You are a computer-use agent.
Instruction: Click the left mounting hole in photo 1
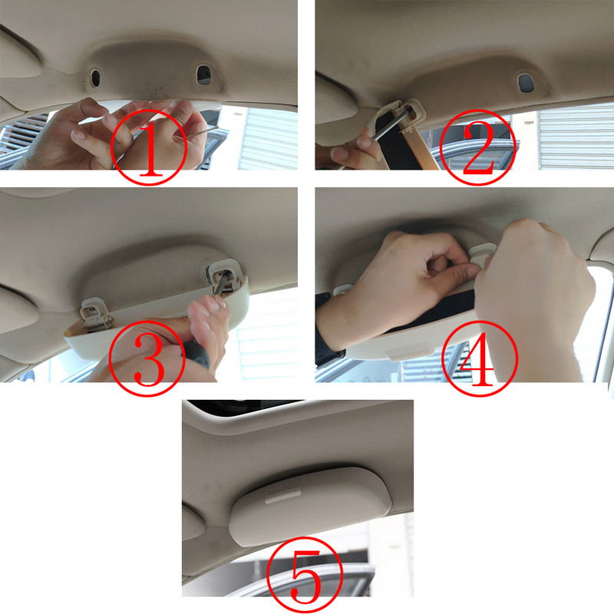pos(96,77)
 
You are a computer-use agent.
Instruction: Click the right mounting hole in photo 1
pos(203,74)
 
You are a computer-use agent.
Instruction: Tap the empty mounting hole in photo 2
pos(526,82)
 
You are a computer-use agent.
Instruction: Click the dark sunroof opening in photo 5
pos(230,404)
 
